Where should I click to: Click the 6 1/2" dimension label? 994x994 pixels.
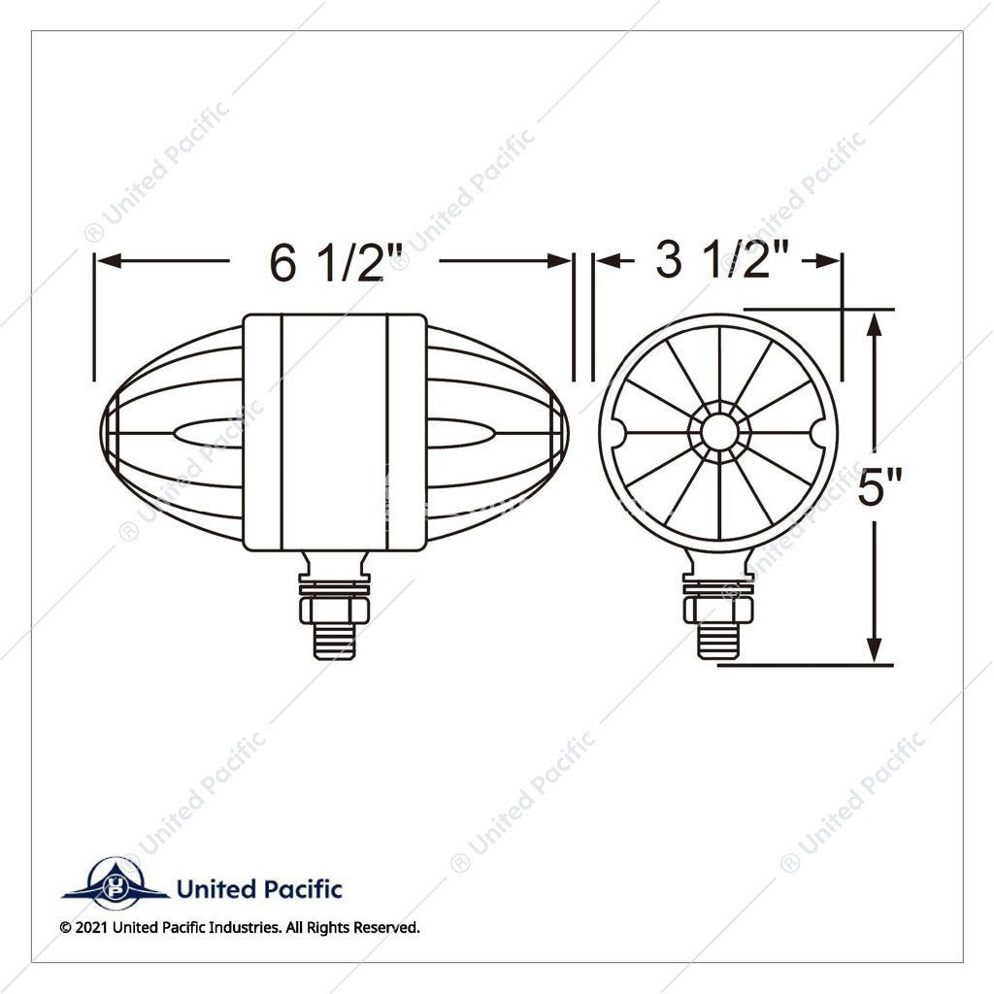tap(336, 262)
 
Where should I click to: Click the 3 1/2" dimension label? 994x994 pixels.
tap(722, 260)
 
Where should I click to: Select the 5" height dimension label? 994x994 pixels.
tap(879, 487)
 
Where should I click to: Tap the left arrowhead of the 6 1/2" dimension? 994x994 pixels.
tap(109, 260)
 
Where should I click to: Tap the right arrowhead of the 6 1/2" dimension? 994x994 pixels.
tap(559, 260)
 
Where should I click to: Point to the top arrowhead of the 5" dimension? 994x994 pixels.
tap(875, 325)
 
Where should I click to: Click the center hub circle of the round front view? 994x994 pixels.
tap(719, 433)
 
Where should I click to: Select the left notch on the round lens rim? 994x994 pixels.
tap(618, 433)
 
